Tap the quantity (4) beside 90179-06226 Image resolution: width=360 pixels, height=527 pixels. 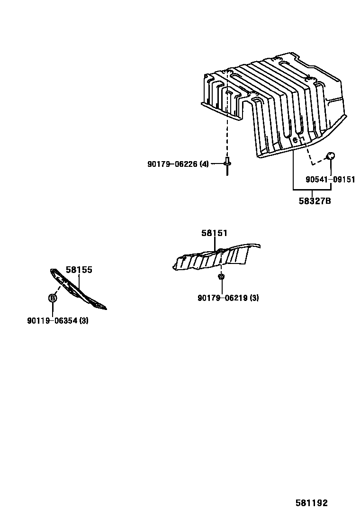204,164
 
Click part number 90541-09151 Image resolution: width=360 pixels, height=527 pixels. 330,180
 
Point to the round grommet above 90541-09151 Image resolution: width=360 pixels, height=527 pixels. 331,155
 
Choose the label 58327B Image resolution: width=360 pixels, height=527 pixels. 315,201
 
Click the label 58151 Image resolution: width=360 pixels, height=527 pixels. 215,233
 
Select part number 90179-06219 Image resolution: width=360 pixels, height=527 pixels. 222,298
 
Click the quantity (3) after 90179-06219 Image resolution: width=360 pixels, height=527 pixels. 254,298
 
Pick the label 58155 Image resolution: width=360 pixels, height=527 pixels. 79,270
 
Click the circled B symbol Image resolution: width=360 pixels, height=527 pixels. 53,298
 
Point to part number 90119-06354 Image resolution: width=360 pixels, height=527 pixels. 52,321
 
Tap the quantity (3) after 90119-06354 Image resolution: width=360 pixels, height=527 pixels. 84,321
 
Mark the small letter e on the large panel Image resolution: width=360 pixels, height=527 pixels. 295,139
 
